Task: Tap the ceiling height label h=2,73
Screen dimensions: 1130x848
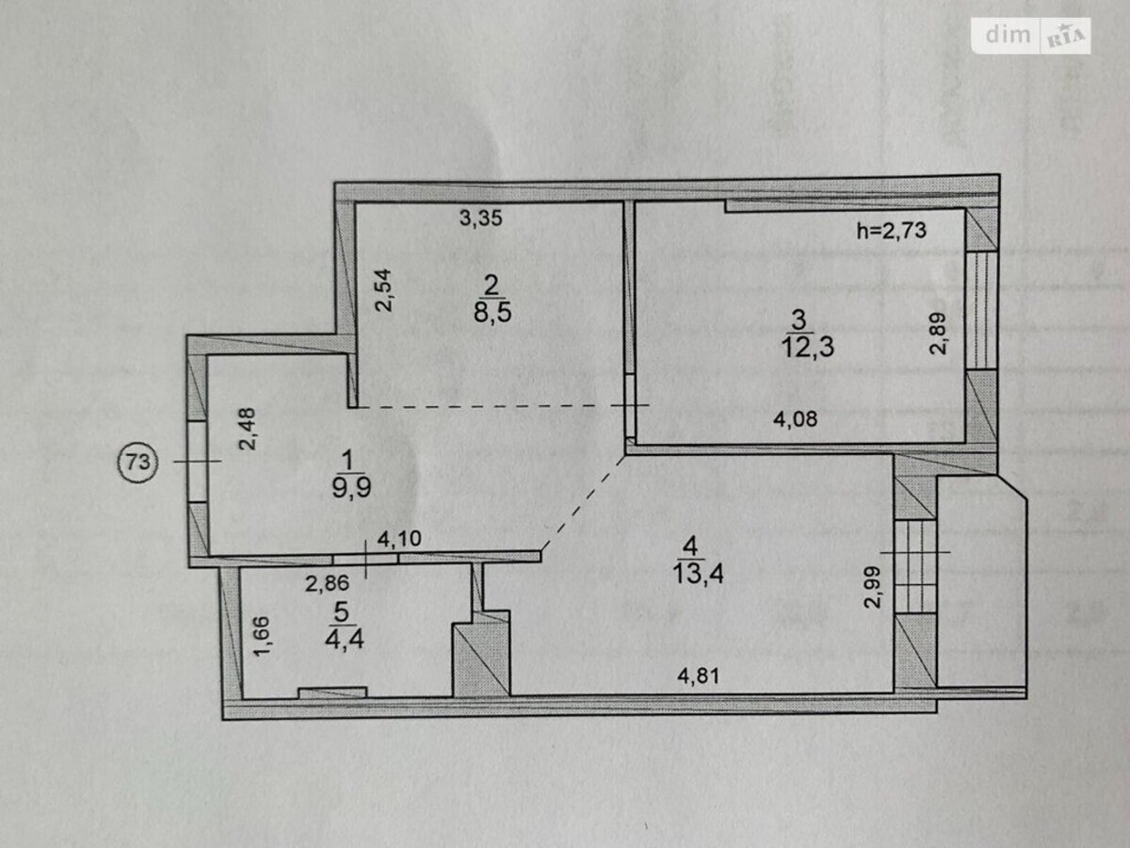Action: [892, 230]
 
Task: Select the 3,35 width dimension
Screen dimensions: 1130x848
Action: [480, 219]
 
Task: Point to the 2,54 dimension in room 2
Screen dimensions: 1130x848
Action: [383, 290]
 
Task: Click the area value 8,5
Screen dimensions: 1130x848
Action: [492, 312]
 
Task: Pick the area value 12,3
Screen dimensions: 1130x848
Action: [808, 347]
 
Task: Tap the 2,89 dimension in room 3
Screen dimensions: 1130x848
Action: [938, 334]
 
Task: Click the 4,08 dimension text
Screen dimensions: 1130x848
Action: [796, 419]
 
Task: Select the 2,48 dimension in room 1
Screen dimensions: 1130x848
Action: [248, 429]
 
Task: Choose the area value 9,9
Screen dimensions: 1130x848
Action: [351, 487]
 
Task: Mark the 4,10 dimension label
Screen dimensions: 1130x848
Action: [399, 539]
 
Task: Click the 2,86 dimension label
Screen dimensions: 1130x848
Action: [327, 583]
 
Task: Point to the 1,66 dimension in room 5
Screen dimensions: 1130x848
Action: [262, 636]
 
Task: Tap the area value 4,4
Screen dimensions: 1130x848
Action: [345, 640]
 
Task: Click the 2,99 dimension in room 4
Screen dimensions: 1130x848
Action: [873, 587]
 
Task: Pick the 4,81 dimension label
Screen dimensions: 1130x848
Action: [698, 676]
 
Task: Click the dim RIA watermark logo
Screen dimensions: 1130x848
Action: [1030, 36]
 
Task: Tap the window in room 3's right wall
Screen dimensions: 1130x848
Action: [980, 310]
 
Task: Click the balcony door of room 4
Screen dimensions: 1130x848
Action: [914, 566]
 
